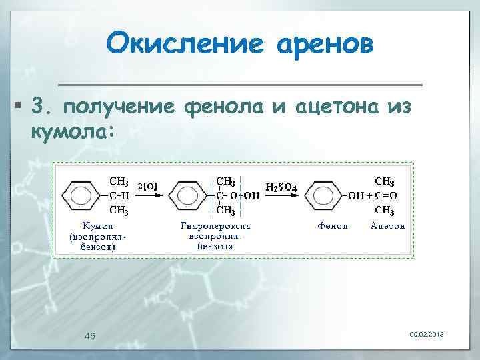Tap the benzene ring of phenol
pyautogui.click(x=324, y=197)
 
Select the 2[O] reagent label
pyautogui.click(x=147, y=187)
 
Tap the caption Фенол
pyautogui.click(x=332, y=226)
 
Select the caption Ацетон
pyautogui.click(x=387, y=226)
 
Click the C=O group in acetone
pyautogui.click(x=386, y=196)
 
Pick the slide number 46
pyautogui.click(x=89, y=336)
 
